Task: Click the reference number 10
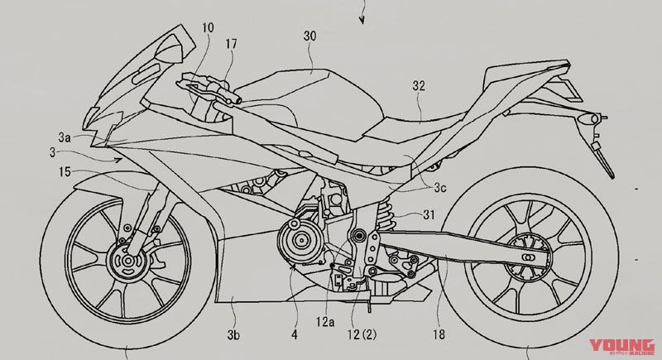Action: click(x=207, y=27)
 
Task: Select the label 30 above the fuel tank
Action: click(x=310, y=36)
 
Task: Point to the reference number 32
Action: click(x=419, y=84)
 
